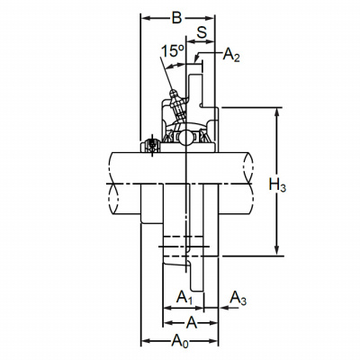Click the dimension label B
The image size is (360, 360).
tap(176, 18)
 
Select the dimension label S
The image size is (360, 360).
tap(202, 31)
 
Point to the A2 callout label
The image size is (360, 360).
tap(231, 55)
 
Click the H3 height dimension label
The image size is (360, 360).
tap(277, 184)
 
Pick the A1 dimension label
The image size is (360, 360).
tap(184, 298)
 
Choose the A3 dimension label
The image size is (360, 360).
tap(238, 299)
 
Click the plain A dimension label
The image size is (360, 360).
tap(192, 323)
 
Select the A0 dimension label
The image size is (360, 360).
tap(180, 341)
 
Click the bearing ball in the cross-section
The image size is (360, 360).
tap(186, 138)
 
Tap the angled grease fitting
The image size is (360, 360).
tap(177, 105)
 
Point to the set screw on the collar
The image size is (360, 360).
tap(152, 145)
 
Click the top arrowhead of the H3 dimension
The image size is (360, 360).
tap(277, 112)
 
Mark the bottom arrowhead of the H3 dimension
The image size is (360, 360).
tap(277, 252)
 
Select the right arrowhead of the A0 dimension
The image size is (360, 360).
tap(214, 341)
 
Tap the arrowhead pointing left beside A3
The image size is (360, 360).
tap(223, 308)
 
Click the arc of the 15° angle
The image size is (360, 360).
tap(175, 65)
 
